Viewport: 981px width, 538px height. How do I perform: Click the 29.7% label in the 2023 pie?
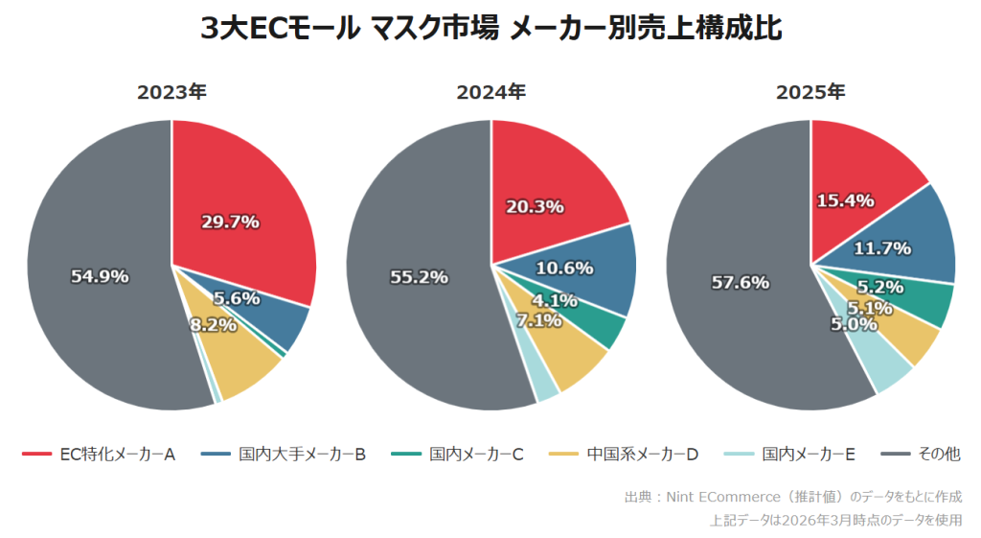[230, 222]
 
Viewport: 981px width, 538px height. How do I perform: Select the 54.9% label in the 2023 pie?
[100, 276]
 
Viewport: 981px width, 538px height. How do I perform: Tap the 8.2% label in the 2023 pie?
[213, 325]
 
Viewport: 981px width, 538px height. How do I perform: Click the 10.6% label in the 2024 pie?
[564, 268]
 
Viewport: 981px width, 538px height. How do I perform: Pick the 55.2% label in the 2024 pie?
[420, 277]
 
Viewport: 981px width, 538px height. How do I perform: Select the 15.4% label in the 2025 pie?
[845, 200]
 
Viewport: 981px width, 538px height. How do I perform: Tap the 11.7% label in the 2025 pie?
[882, 248]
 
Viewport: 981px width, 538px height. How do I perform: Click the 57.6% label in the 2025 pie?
[741, 282]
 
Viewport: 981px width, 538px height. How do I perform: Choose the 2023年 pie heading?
[171, 93]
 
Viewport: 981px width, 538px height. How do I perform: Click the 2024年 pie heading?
[490, 93]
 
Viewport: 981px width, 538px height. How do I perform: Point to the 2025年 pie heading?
[810, 93]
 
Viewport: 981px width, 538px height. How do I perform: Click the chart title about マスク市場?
[490, 29]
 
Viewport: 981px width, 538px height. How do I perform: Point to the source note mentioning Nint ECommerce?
[792, 497]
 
